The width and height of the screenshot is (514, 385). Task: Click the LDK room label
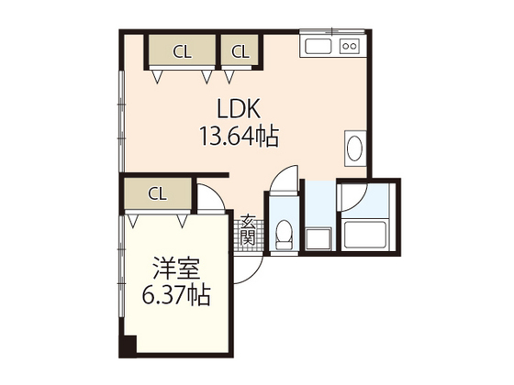tap(238, 106)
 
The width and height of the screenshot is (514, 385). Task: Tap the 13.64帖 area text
tap(238, 137)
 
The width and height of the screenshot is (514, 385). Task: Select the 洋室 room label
tap(178, 269)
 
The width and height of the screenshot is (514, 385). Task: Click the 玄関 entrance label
tap(249, 229)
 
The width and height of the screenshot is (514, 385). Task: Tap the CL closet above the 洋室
tap(157, 193)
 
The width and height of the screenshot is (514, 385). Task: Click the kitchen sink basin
tap(318, 46)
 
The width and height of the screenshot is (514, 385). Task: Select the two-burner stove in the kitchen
tap(350, 46)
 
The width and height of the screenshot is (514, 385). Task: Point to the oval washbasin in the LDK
tap(355, 148)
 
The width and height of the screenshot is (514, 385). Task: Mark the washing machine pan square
tap(318, 237)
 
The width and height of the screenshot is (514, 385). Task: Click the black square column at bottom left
tap(127, 347)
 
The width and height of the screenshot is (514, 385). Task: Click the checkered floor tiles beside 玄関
tap(249, 236)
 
